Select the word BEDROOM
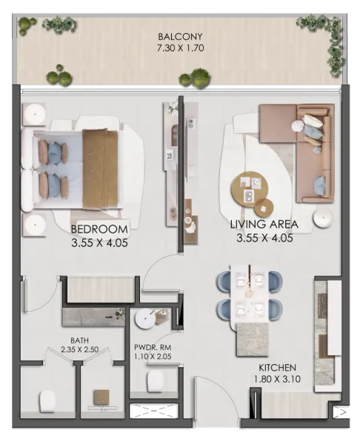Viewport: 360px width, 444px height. [x=99, y=228]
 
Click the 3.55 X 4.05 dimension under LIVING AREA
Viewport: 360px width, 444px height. [x=264, y=238]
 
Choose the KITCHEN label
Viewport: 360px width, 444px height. [x=278, y=367]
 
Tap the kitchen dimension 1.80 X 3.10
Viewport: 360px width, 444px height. [x=278, y=380]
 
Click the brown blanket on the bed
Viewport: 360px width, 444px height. [x=100, y=166]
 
